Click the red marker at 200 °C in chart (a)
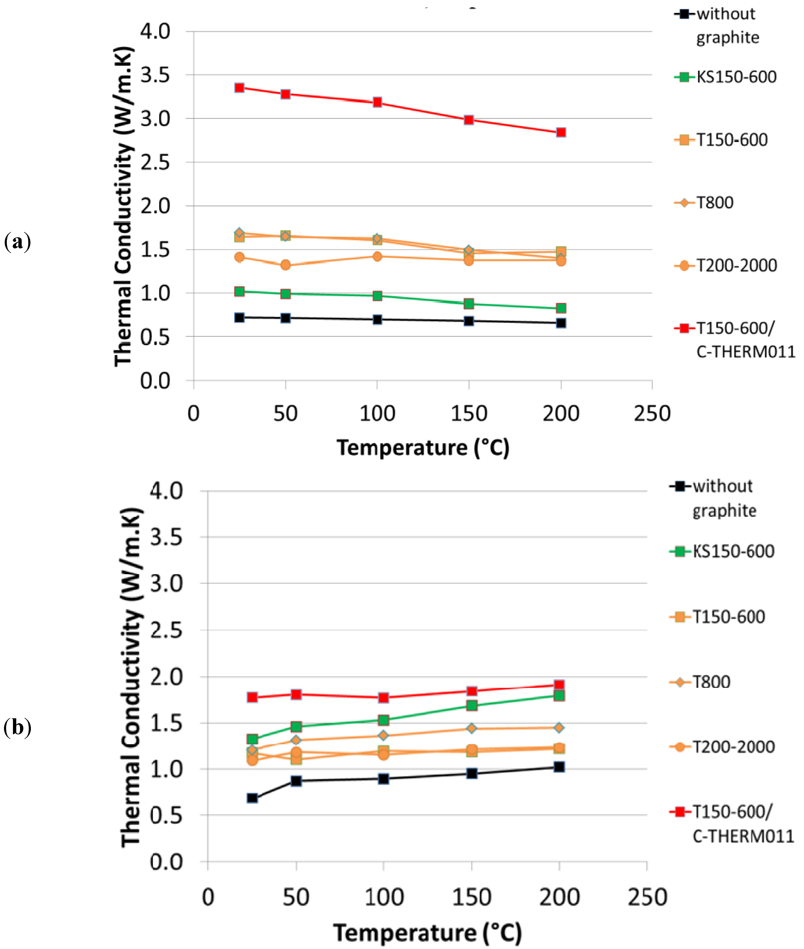tap(561, 132)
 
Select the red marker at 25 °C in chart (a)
tap(239, 88)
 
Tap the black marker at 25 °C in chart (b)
tap(252, 798)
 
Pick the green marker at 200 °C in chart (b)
tap(559, 695)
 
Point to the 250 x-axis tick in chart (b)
tap(647, 897)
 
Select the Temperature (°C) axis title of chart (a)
tap(423, 448)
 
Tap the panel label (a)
tap(17, 242)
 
